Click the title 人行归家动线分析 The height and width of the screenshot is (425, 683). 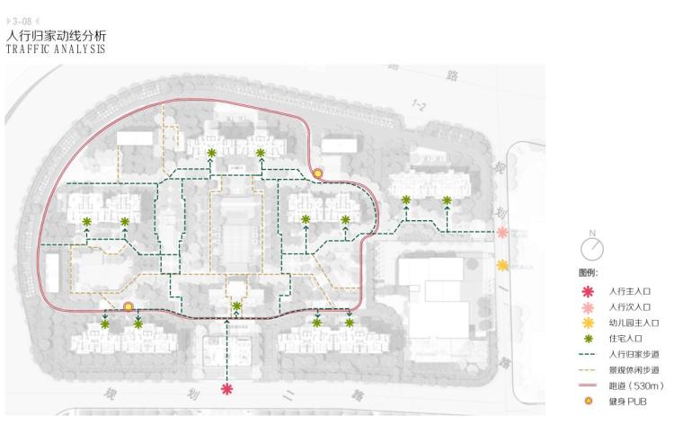(x=56, y=35)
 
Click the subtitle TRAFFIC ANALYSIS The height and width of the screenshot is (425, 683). (x=55, y=49)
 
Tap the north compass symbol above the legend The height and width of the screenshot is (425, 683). (x=592, y=246)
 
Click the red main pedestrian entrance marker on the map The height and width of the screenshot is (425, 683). (x=227, y=388)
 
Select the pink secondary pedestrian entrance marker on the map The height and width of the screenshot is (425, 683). (x=502, y=233)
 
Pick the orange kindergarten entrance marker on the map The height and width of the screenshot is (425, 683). (x=502, y=265)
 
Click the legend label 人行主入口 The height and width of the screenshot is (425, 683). (x=629, y=292)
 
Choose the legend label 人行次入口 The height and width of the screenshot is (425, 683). (x=629, y=307)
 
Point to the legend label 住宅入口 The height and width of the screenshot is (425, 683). (x=625, y=339)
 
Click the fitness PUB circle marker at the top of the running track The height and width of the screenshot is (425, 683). (x=317, y=173)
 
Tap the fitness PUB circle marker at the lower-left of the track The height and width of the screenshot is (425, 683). (x=129, y=306)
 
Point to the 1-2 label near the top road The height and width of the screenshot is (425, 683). (x=419, y=106)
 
